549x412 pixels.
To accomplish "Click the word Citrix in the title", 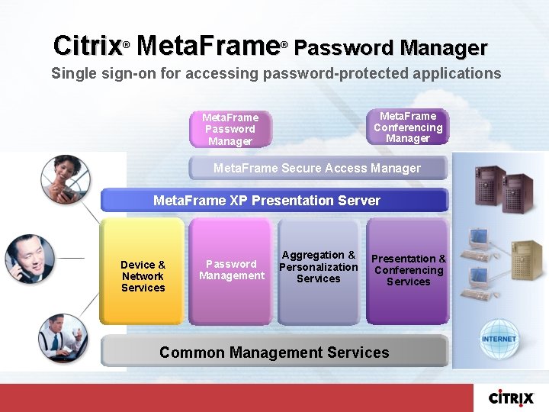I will click(x=87, y=46).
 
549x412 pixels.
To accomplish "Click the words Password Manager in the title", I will click(x=390, y=48).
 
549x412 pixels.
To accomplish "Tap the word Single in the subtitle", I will click(x=72, y=74).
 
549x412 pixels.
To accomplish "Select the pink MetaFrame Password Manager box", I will click(x=230, y=130).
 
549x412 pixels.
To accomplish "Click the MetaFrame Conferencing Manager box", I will click(x=408, y=127).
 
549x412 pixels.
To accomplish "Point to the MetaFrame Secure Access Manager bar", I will click(x=317, y=168).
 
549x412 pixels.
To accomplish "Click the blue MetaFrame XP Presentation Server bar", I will click(x=274, y=201).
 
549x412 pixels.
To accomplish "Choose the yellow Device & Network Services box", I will click(x=143, y=272).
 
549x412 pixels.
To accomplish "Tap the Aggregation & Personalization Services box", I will click(x=318, y=272).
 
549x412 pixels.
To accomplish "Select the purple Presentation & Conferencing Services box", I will click(x=408, y=272).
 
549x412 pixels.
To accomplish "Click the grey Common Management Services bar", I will click(x=274, y=352).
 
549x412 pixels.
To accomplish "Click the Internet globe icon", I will click(x=499, y=339).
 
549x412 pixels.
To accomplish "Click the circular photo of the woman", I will click(x=64, y=179).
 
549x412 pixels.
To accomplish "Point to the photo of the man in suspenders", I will click(x=62, y=336).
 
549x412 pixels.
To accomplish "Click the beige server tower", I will click(x=526, y=256).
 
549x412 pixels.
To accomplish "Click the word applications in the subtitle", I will click(x=455, y=74).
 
